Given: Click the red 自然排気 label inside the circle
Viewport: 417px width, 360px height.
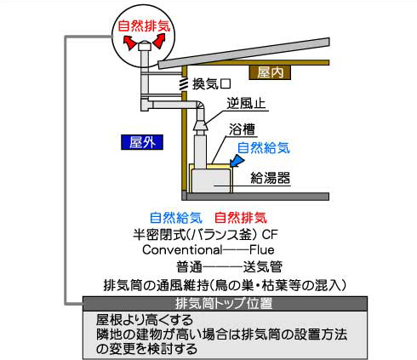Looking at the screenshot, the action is click(x=144, y=26).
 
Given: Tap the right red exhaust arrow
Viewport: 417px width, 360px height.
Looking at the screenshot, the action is click(x=159, y=41).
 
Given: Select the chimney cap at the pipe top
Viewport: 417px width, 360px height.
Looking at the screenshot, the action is click(x=145, y=47).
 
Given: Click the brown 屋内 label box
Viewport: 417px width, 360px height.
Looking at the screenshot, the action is click(x=270, y=72).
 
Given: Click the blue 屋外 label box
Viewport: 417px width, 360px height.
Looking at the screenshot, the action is click(x=142, y=142).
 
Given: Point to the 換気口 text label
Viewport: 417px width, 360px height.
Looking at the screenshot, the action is click(x=211, y=83).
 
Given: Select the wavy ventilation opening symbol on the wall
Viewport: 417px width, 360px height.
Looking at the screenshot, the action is click(x=185, y=84).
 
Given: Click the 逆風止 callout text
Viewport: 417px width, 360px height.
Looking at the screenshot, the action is click(x=246, y=103).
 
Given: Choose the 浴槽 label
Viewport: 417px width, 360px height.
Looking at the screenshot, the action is click(x=242, y=129).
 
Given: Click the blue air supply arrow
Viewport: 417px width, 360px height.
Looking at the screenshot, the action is click(x=237, y=162).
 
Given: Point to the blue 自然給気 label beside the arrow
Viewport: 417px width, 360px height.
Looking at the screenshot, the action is click(x=264, y=148).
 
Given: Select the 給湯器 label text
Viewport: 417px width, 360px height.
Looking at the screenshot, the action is click(x=270, y=178).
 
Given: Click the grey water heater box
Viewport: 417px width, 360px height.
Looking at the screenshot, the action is click(x=210, y=181).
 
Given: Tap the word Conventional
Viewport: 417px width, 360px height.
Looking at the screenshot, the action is click(x=182, y=250).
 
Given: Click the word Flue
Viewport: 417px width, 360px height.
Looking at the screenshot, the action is click(x=262, y=250).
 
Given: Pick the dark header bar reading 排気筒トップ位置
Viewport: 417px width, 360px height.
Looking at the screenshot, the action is click(x=225, y=304).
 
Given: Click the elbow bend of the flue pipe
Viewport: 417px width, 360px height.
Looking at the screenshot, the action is click(x=200, y=106).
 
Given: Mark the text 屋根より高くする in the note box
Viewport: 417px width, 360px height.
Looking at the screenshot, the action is click(x=145, y=320).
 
